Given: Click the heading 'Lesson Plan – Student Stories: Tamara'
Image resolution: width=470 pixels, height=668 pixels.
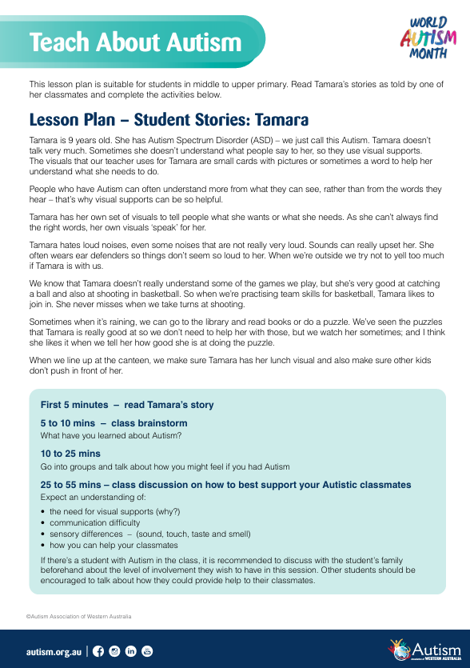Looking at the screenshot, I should click(169, 120).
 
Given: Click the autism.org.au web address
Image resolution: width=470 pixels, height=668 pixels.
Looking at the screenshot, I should click(53, 651).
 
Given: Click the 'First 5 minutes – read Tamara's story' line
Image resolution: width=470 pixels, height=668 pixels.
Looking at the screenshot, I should click(127, 405).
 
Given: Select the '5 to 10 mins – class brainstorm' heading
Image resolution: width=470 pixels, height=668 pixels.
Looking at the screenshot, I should click(114, 423).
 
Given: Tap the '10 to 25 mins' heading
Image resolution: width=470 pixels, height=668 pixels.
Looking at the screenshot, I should click(70, 454).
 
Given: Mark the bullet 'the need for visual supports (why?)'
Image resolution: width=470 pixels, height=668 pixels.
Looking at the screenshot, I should click(114, 511).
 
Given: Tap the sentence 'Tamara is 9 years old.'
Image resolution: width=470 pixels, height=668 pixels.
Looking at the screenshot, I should click(70, 139).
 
